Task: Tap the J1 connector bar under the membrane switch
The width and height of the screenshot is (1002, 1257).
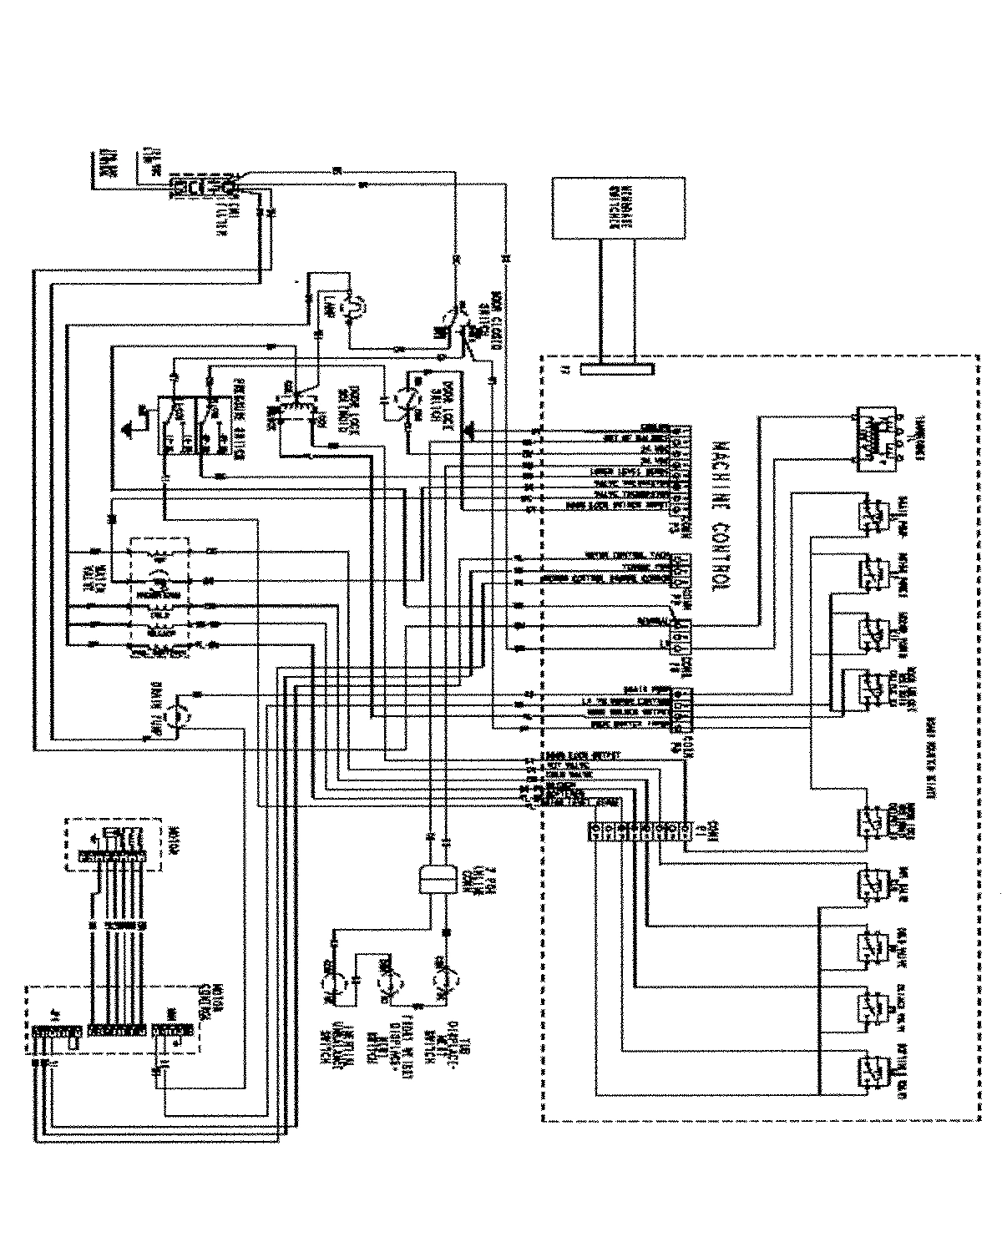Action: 617,368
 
